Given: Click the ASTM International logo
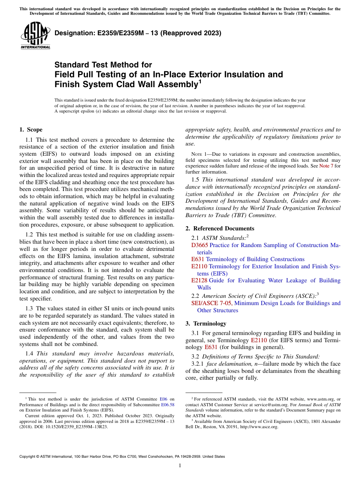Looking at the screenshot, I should point(35,36).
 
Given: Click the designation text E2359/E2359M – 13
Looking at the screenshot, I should point(138,33).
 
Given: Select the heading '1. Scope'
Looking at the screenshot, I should point(31,130).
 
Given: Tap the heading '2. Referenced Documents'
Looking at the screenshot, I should point(220,228).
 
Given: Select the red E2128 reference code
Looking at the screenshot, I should point(199,280).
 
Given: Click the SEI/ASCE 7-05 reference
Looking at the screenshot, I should point(212,303).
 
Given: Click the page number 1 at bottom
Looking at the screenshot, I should point(180,466).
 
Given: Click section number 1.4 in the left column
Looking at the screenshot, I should point(30,354).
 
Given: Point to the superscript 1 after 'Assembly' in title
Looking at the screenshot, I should point(200,81).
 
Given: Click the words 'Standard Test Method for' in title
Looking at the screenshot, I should point(103,65).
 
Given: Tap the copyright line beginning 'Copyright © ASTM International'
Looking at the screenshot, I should point(122,457).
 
